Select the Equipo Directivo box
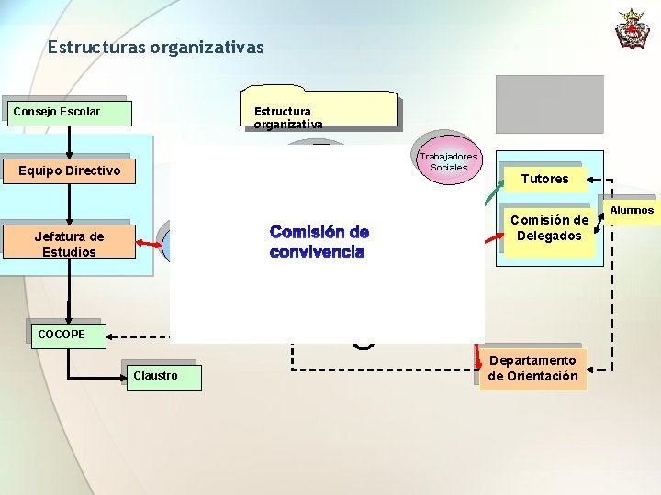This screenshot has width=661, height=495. pyautogui.click(x=69, y=170)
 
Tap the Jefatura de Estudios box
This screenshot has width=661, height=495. pyautogui.click(x=69, y=244)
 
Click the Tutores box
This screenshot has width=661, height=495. pyautogui.click(x=544, y=179)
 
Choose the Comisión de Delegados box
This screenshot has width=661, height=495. pyautogui.click(x=549, y=228)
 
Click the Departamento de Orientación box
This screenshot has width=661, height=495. pyautogui.click(x=533, y=368)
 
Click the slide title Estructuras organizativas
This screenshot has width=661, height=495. pyautogui.click(x=155, y=46)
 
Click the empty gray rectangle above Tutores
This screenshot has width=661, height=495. pyautogui.click(x=549, y=104)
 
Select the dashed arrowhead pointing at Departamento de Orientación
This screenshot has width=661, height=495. pyautogui.click(x=592, y=370)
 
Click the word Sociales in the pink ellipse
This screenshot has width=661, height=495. pyautogui.click(x=450, y=168)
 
